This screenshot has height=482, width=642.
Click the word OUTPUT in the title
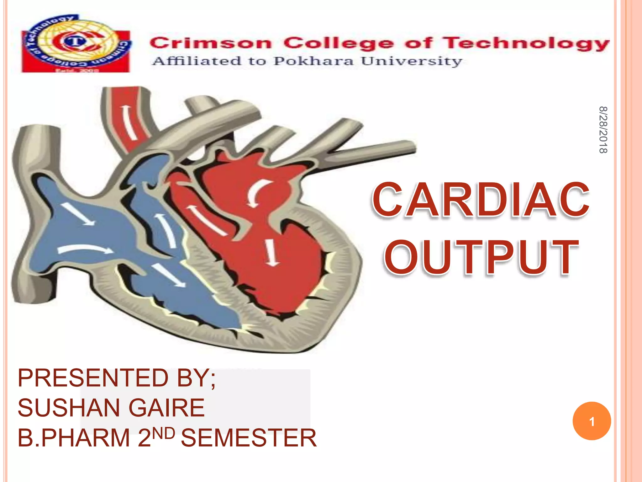click(x=481, y=257)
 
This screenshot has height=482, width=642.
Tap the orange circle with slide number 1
click(x=592, y=421)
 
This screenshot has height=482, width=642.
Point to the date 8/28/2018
click(x=603, y=130)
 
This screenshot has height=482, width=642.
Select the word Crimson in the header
click(x=210, y=43)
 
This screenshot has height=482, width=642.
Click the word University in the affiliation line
click(x=412, y=62)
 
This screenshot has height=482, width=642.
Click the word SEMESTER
click(x=249, y=438)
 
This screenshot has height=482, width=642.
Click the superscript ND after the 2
click(x=164, y=433)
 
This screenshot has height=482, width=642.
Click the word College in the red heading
click(x=339, y=44)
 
